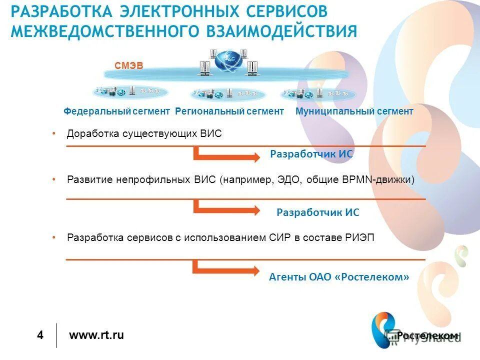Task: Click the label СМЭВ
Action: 129,65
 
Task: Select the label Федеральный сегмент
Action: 117,111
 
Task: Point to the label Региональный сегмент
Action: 229,111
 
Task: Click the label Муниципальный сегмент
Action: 354,111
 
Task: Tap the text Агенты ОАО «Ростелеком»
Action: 339,276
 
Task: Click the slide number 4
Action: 40,335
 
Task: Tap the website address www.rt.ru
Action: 96,335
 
